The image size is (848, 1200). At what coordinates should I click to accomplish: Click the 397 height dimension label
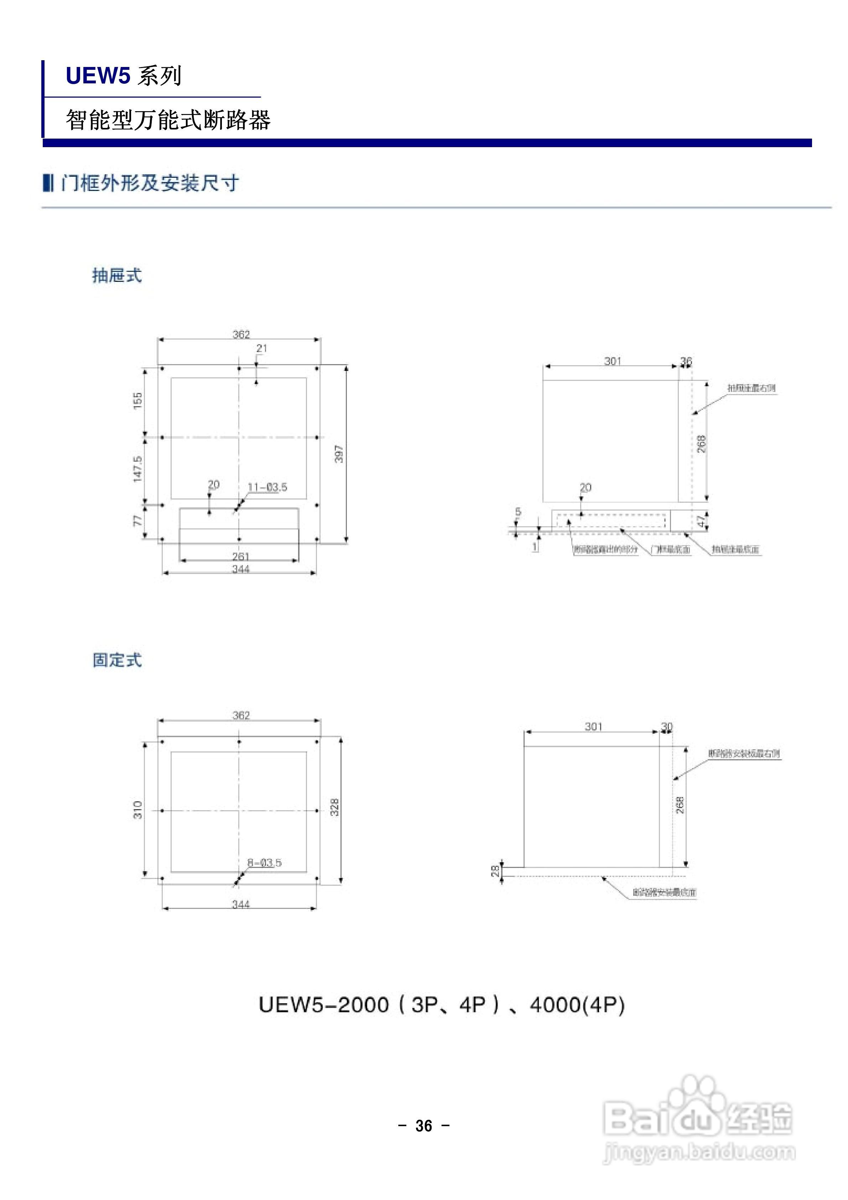(339, 454)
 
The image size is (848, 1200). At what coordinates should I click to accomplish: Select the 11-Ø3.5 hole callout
(267, 487)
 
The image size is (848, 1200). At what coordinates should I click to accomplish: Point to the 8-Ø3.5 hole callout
(264, 862)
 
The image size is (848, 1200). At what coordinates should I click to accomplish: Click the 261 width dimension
(240, 556)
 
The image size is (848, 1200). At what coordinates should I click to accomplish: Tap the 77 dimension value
(137, 521)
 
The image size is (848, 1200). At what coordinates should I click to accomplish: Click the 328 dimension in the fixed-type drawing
(335, 807)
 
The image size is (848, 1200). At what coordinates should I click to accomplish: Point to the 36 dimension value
(686, 361)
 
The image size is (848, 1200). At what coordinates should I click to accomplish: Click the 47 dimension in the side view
(702, 521)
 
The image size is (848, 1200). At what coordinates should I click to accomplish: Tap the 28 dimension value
(495, 870)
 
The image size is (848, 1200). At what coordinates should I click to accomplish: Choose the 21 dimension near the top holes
(262, 348)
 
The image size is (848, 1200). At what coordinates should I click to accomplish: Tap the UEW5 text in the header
(98, 76)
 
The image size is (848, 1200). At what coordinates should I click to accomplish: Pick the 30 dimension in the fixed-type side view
(667, 726)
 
